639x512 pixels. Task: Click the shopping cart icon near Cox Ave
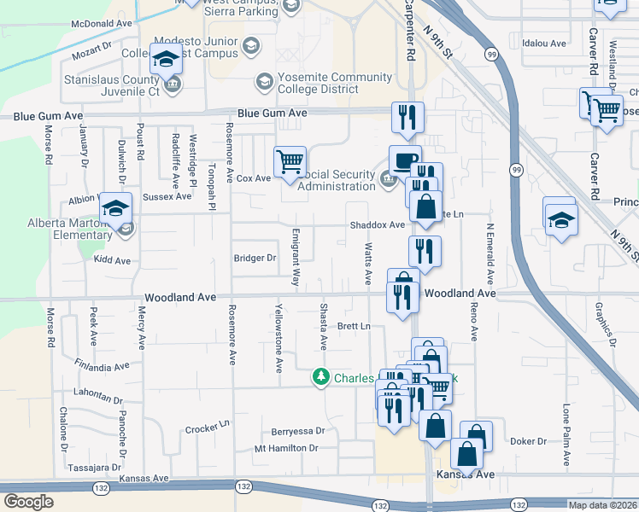(290, 160)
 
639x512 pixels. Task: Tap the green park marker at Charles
(321, 376)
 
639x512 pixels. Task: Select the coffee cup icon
(404, 159)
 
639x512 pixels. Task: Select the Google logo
(28, 502)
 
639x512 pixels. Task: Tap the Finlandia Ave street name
(101, 366)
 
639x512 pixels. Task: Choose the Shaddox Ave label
(376, 224)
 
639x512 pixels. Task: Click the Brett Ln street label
(354, 326)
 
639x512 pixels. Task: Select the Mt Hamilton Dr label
(286, 448)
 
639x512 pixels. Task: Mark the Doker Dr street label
(528, 441)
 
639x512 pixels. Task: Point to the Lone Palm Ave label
(566, 431)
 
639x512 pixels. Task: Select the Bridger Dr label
(255, 258)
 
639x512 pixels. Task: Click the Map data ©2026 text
(601, 505)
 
